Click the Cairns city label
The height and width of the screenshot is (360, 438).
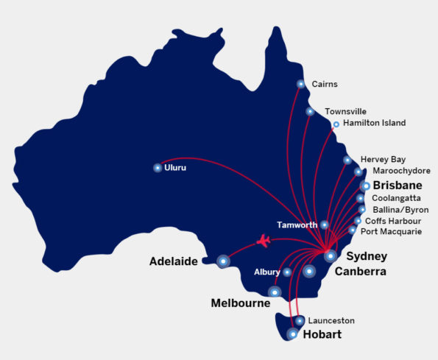(x=325, y=85)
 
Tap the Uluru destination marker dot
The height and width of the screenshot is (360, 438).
(x=158, y=168)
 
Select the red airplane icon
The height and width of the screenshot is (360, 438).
(x=264, y=240)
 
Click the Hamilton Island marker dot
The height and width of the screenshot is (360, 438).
(x=336, y=124)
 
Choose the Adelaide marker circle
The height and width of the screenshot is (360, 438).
(x=224, y=260)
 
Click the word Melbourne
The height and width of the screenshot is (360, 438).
(x=239, y=303)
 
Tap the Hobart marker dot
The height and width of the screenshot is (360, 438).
(x=293, y=334)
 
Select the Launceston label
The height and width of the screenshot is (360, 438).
(x=331, y=321)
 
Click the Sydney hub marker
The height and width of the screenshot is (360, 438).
(x=331, y=255)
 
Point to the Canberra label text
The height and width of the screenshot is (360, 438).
(x=360, y=272)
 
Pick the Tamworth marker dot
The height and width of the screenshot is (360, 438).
(x=325, y=225)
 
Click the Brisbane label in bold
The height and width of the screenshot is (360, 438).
(x=398, y=186)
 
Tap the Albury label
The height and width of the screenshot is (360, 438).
(x=267, y=272)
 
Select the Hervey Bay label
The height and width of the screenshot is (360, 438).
(x=383, y=160)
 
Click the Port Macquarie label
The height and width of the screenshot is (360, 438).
(x=391, y=231)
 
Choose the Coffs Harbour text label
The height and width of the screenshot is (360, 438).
(x=392, y=221)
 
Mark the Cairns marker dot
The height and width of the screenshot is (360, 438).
(x=300, y=84)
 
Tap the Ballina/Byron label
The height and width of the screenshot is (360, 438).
(x=400, y=210)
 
